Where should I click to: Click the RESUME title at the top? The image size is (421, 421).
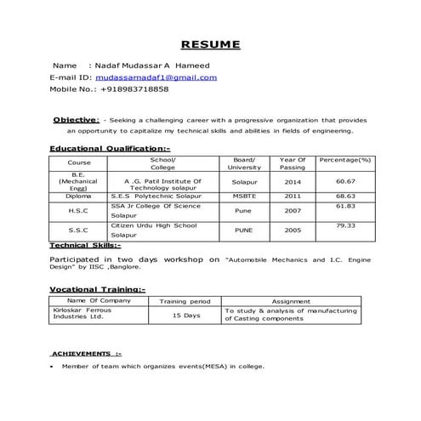(x=210, y=44)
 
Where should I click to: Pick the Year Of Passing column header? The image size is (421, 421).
(x=293, y=163)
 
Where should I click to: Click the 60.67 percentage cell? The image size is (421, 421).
(x=344, y=181)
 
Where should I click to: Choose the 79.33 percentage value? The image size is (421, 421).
(x=344, y=225)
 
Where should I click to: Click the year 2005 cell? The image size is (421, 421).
(x=293, y=230)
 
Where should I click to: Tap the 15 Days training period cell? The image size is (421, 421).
(x=185, y=316)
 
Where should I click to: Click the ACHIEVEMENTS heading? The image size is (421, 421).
(x=86, y=352)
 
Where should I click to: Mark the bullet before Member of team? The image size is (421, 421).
(x=53, y=367)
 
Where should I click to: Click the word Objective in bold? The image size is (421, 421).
(x=76, y=120)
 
